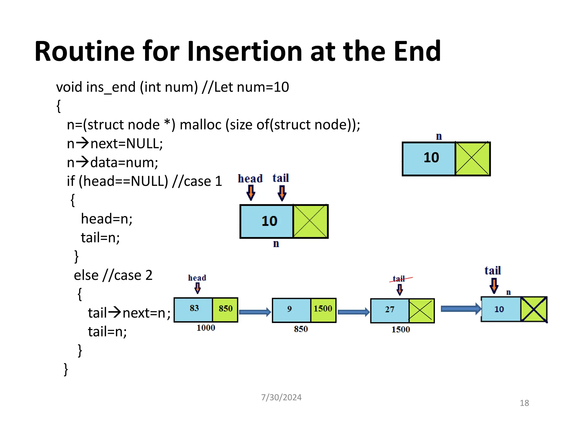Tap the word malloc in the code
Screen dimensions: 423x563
[x=200, y=124]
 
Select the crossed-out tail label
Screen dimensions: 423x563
[x=399, y=279]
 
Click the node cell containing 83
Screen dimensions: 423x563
[x=194, y=309]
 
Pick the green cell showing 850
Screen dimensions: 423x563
[x=225, y=309]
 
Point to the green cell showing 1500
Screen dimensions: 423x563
[x=323, y=309]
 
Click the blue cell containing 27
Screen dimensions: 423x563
[x=390, y=310]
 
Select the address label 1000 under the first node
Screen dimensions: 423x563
[x=206, y=328]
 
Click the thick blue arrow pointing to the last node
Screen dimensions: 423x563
[x=461, y=309]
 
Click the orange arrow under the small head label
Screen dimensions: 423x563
[x=197, y=288]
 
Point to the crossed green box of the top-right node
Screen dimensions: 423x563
[x=472, y=158]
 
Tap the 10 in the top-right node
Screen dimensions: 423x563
[x=431, y=158]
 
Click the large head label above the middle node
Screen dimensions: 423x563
[x=250, y=178]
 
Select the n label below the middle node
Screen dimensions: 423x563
[x=276, y=244]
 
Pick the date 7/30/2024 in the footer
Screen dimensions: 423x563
[x=281, y=397]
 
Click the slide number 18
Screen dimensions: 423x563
[x=524, y=403]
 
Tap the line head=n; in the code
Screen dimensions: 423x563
[x=107, y=219]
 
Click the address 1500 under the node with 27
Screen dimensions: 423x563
[x=401, y=329]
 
